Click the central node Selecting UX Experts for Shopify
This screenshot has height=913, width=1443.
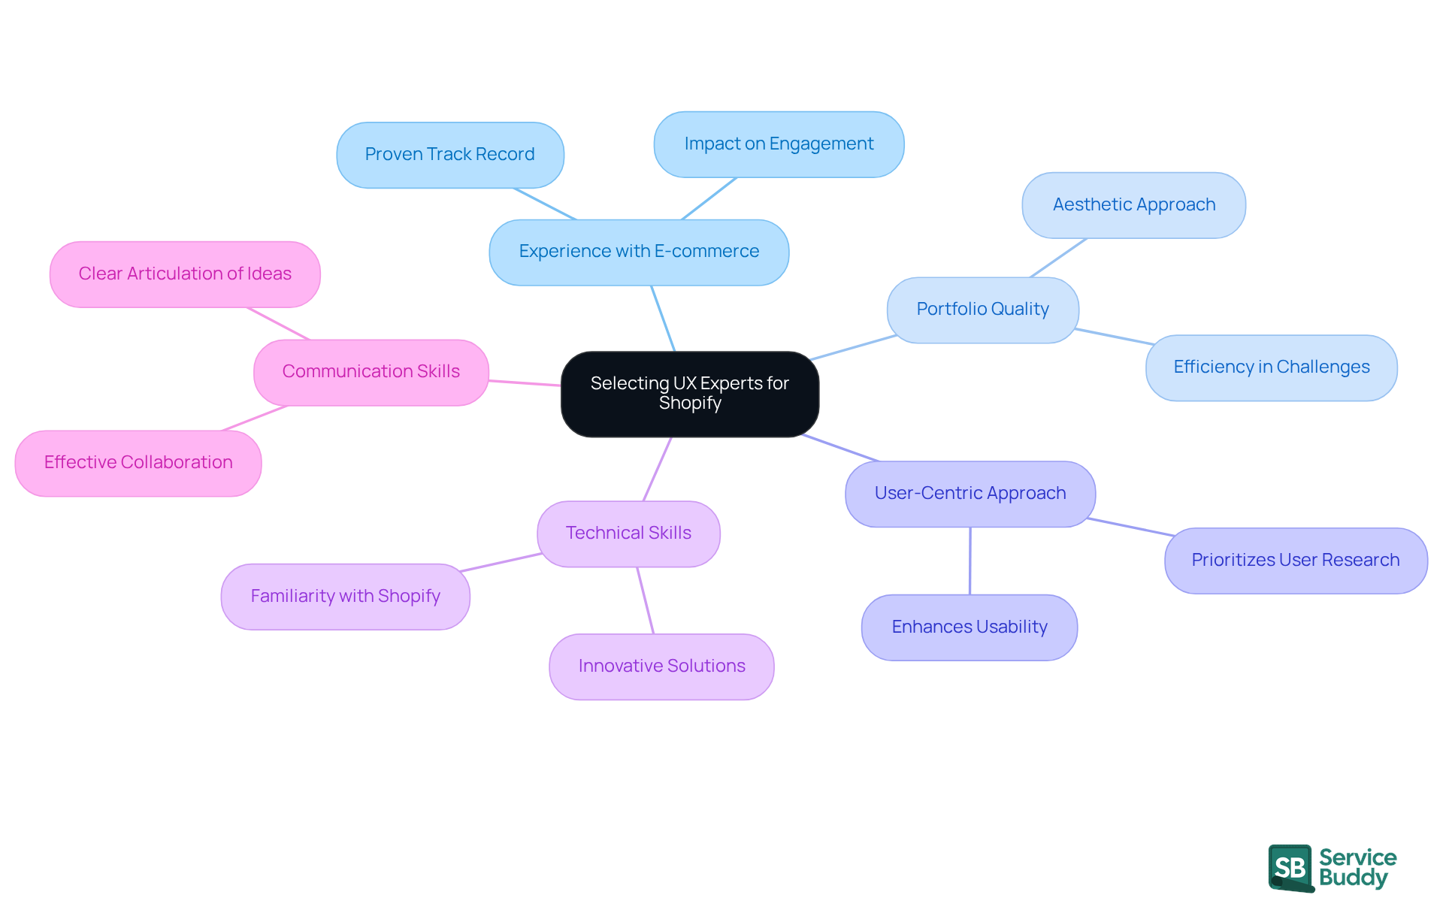(689, 394)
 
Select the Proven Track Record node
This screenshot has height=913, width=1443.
(449, 155)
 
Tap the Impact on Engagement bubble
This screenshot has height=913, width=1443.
(779, 144)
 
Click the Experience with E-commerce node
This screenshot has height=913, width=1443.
(639, 252)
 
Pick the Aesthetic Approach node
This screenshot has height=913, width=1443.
(1133, 205)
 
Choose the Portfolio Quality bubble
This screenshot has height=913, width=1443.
(982, 310)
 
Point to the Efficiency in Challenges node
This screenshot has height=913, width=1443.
(1271, 367)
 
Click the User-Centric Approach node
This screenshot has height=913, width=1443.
(970, 494)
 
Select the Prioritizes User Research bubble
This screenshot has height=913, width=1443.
(1295, 561)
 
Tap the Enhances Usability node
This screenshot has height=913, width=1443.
(969, 627)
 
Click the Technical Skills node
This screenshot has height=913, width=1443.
(628, 534)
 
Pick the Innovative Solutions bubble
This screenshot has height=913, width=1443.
(661, 667)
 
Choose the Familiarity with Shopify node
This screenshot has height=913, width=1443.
(345, 597)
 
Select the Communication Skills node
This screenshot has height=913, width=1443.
(371, 372)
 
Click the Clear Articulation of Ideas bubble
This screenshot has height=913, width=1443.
(185, 274)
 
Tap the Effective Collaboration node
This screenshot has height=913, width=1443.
(138, 463)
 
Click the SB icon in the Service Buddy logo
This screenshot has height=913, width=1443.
(1290, 868)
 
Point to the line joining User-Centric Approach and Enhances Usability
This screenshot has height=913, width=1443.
(970, 561)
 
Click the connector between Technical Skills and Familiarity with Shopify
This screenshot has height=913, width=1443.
(501, 562)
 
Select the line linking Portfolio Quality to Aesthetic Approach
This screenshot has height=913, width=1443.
(1057, 258)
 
